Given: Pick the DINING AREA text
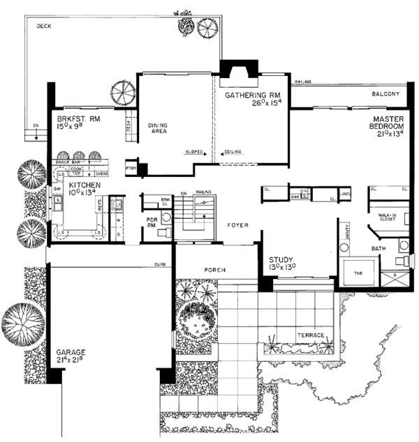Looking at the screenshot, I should tap(158, 130).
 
